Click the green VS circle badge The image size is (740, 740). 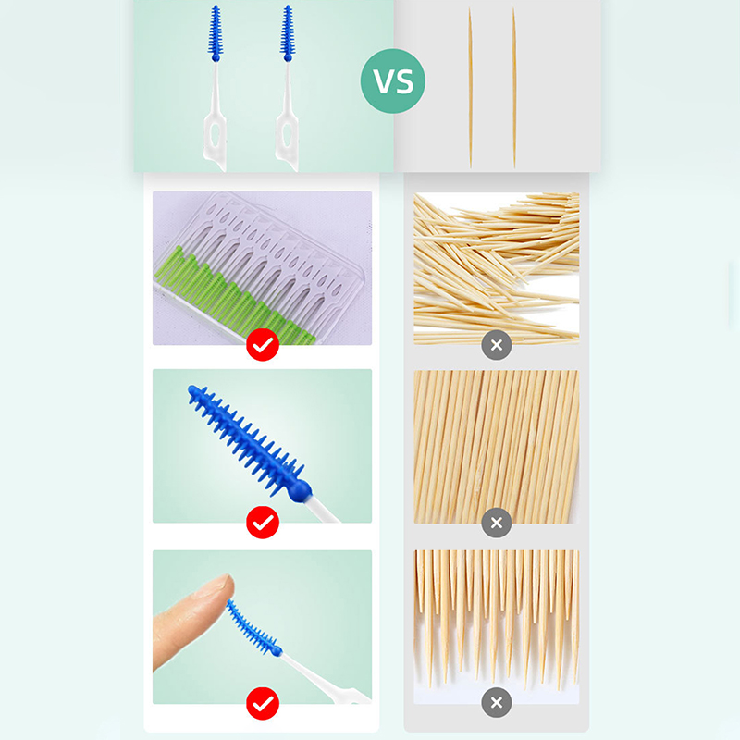392,81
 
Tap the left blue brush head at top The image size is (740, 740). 216,33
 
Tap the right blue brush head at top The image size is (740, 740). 288,33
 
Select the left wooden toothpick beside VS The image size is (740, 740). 470,88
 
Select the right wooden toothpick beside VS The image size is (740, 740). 514,88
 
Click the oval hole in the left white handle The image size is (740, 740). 216,134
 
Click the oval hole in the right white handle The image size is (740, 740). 287,134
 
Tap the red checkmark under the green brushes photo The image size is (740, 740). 263,345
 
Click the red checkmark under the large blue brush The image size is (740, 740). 263,523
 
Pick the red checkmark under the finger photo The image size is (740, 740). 263,704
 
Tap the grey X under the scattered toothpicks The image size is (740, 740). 497,345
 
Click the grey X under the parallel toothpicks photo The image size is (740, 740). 497,523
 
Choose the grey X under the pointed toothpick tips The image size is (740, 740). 497,703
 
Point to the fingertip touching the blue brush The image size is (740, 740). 222,587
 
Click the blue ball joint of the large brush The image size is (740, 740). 300,491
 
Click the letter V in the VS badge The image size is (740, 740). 383,81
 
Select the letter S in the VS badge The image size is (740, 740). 404,81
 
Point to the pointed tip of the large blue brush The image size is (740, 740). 191,388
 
